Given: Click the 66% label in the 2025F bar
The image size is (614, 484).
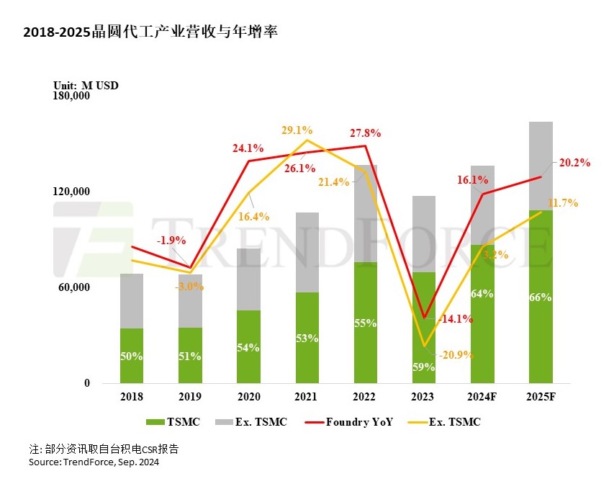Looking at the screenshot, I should (x=540, y=297).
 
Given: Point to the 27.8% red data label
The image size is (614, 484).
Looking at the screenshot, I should (x=365, y=133).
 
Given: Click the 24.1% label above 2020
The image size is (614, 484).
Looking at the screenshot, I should (x=248, y=149).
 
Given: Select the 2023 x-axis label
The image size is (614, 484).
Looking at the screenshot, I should (x=423, y=396).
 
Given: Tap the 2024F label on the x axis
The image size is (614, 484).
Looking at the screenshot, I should (x=482, y=396).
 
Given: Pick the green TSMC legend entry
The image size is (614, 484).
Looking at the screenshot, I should (x=173, y=422).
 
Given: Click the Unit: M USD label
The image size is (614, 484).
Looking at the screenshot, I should (x=86, y=85).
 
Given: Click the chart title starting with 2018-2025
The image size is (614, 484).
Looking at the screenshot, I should (x=150, y=32).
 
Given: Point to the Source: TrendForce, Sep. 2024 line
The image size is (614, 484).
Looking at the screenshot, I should (x=94, y=462).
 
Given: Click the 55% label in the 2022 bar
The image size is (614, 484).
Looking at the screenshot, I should (x=365, y=323).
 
